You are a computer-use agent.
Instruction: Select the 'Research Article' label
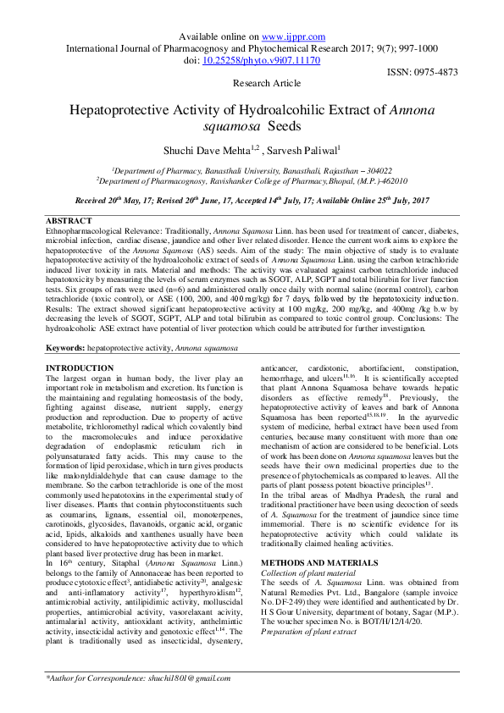pos(266,84)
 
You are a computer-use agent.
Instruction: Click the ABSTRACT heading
pos(68,219)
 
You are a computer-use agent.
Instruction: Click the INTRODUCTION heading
pos(79,368)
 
